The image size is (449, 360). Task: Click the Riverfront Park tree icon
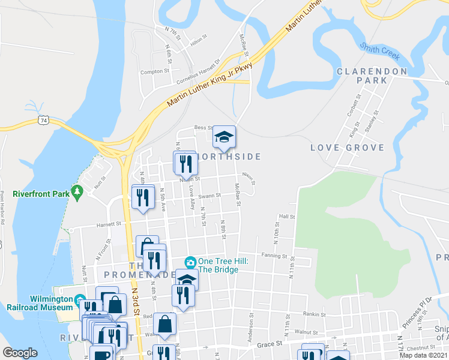(x=76, y=191)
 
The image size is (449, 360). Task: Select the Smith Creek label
(x=379, y=51)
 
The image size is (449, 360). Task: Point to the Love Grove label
(x=347, y=148)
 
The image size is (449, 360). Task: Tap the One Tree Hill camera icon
(x=190, y=262)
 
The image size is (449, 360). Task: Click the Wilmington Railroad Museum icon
(x=80, y=299)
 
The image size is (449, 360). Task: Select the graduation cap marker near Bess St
(x=224, y=137)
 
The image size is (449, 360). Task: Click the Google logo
(x=20, y=352)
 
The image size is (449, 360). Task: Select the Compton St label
(x=155, y=71)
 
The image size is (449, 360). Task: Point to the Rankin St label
(x=313, y=314)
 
